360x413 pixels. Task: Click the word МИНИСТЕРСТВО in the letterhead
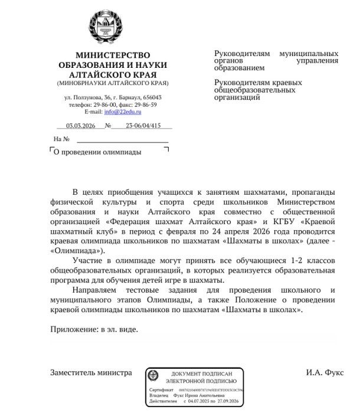point(113,55)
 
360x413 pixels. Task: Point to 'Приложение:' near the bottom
point(73,329)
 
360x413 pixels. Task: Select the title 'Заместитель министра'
point(91,372)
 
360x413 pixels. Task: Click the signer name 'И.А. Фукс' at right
point(324,372)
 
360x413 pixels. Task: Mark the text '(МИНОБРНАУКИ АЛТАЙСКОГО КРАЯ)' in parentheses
point(113,83)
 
